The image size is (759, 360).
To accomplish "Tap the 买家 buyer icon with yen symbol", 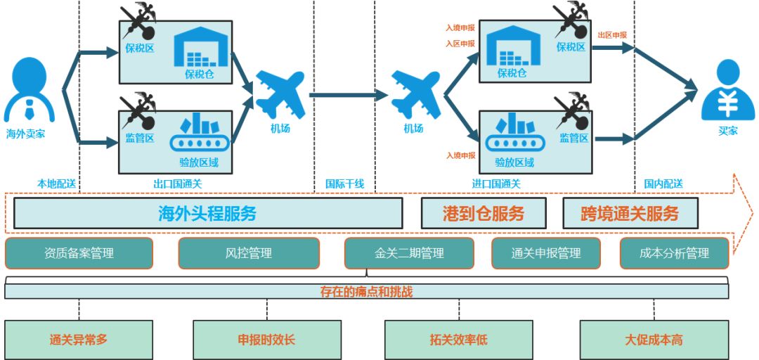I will tap(727, 92).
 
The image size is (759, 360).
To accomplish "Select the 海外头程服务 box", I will tap(207, 213).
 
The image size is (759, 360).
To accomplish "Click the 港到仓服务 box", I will tap(484, 213).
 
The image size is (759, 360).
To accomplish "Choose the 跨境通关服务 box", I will tap(630, 213).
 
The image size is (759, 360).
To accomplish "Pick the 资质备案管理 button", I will tap(79, 253).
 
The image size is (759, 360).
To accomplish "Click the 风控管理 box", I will tap(248, 253).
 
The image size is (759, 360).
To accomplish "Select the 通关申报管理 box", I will tap(545, 253).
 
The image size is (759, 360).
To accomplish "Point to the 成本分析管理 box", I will tap(674, 253).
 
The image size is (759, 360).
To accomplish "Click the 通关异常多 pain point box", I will tap(79, 340).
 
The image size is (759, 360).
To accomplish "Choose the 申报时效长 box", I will tap(266, 340).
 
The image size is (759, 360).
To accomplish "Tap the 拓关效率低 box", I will tap(458, 340).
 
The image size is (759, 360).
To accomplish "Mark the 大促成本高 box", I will tap(653, 340).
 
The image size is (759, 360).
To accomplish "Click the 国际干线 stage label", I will tap(344, 184).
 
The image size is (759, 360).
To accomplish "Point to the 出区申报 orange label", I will tap(612, 35).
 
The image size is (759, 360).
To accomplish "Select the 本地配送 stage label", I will tap(56, 184).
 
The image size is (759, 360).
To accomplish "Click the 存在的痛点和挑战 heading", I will tap(366, 291).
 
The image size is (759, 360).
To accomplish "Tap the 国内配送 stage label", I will tap(663, 184).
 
